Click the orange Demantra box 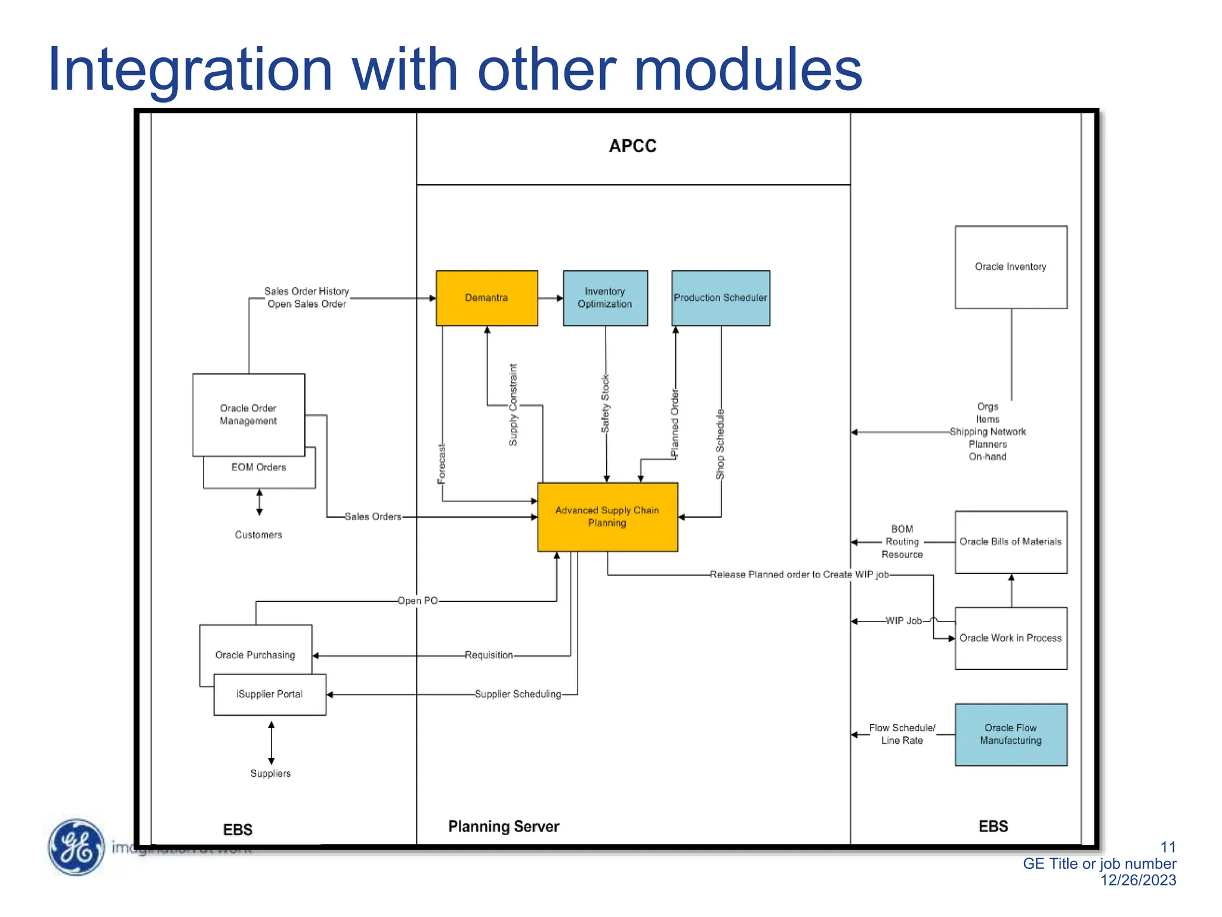coord(486,298)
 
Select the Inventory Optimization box coord(605,298)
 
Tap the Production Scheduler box coord(720,298)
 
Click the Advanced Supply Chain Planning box coord(607,516)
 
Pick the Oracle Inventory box coord(1010,267)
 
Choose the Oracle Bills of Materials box coord(1010,541)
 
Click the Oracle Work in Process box coord(1010,638)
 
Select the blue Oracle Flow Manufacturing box coord(1010,734)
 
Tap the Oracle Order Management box coord(248,414)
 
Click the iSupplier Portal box coord(269,694)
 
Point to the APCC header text coord(632,146)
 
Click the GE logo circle coord(76,847)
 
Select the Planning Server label coord(504,826)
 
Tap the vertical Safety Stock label coord(605,404)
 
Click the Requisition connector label coord(489,655)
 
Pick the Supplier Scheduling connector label coord(517,694)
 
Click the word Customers coord(258,534)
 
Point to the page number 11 coord(1168,847)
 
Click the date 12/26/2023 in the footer coord(1138,880)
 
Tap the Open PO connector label coord(418,601)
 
